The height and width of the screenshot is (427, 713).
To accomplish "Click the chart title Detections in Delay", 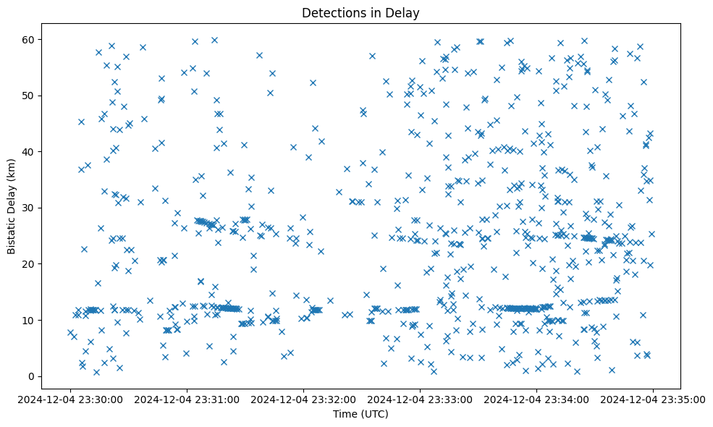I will tap(360, 13).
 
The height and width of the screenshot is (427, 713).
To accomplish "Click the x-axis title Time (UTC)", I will tap(360, 414).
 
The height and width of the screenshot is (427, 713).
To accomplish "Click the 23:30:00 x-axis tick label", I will tap(70, 399).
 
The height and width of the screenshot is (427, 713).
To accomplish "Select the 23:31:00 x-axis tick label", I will tap(187, 399).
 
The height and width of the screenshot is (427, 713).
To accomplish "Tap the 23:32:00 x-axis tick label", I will tap(303, 399).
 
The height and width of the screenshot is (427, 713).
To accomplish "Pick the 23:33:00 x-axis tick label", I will tap(420, 399).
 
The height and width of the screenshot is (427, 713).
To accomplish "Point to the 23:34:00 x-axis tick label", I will tap(536, 399).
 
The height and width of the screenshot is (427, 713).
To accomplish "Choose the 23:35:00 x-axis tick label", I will tap(653, 399).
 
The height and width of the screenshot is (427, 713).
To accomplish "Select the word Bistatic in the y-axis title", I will tap(12, 231).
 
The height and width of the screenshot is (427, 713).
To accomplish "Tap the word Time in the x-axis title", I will tap(345, 414).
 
